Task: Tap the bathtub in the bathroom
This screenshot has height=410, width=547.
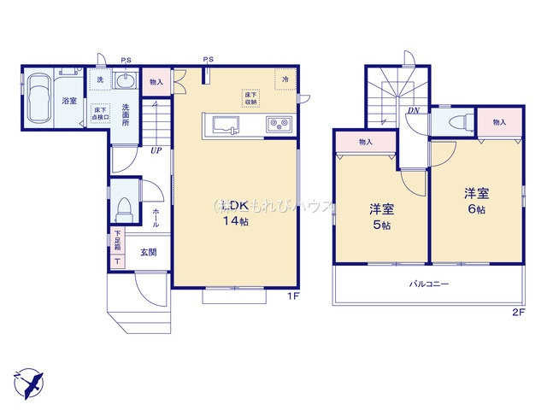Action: click(x=39, y=99)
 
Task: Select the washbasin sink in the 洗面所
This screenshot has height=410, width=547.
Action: click(x=126, y=82)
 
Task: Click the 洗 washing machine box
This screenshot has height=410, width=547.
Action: click(x=99, y=79)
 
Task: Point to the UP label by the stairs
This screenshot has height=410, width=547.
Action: click(x=156, y=151)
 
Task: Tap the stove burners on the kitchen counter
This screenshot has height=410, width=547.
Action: click(x=279, y=124)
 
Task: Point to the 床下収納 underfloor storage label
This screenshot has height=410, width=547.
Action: click(x=249, y=98)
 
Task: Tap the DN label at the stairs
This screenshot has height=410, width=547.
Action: click(x=413, y=111)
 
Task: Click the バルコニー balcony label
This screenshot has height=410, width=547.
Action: click(x=428, y=284)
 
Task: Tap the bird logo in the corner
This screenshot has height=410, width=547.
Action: click(x=27, y=379)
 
